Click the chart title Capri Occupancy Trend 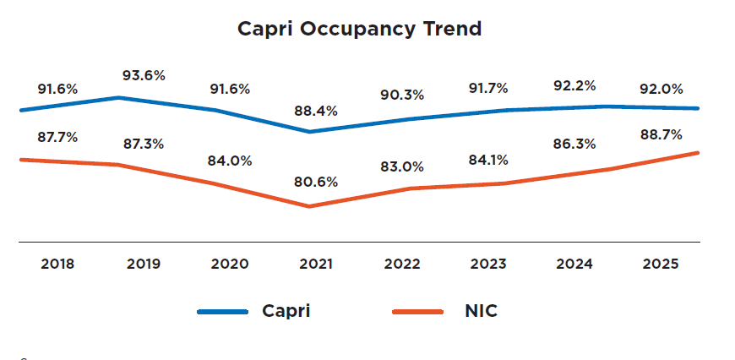(359, 29)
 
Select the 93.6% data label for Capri (144, 75)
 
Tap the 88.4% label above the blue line (316, 111)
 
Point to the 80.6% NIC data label (316, 182)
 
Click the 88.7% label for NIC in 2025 (661, 135)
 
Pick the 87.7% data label (57, 137)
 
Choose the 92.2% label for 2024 (574, 85)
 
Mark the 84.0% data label (230, 161)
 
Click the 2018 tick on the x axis (57, 264)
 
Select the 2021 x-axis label (316, 264)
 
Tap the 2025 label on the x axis (661, 264)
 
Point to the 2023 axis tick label (488, 264)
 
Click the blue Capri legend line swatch (222, 312)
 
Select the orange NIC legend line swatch (418, 312)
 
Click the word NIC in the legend (481, 311)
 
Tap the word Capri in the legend (286, 311)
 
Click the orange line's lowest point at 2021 (309, 206)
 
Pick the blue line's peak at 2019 (118, 97)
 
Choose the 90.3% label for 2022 (402, 95)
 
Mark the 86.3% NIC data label (574, 145)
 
